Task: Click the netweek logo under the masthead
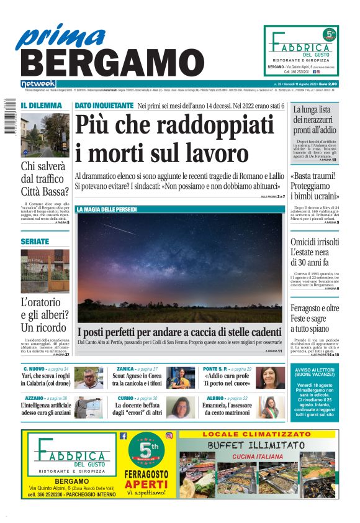(38, 83)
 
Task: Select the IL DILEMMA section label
(41, 106)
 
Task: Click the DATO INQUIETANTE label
(104, 106)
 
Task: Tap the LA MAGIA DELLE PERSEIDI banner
(107, 210)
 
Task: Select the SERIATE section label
(35, 241)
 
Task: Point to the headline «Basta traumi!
(316, 176)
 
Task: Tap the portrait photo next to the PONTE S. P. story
(270, 377)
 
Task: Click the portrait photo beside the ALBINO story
(270, 407)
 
